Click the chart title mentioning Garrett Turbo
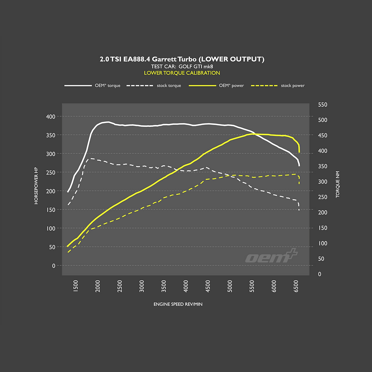[182, 59]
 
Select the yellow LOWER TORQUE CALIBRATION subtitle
[182, 73]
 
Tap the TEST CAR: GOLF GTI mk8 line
[182, 66]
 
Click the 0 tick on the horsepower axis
[54, 266]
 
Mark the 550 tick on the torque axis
[322, 105]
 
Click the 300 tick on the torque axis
[322, 182]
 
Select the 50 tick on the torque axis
[321, 259]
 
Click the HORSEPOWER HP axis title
[36, 186]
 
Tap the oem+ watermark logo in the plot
[271, 257]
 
